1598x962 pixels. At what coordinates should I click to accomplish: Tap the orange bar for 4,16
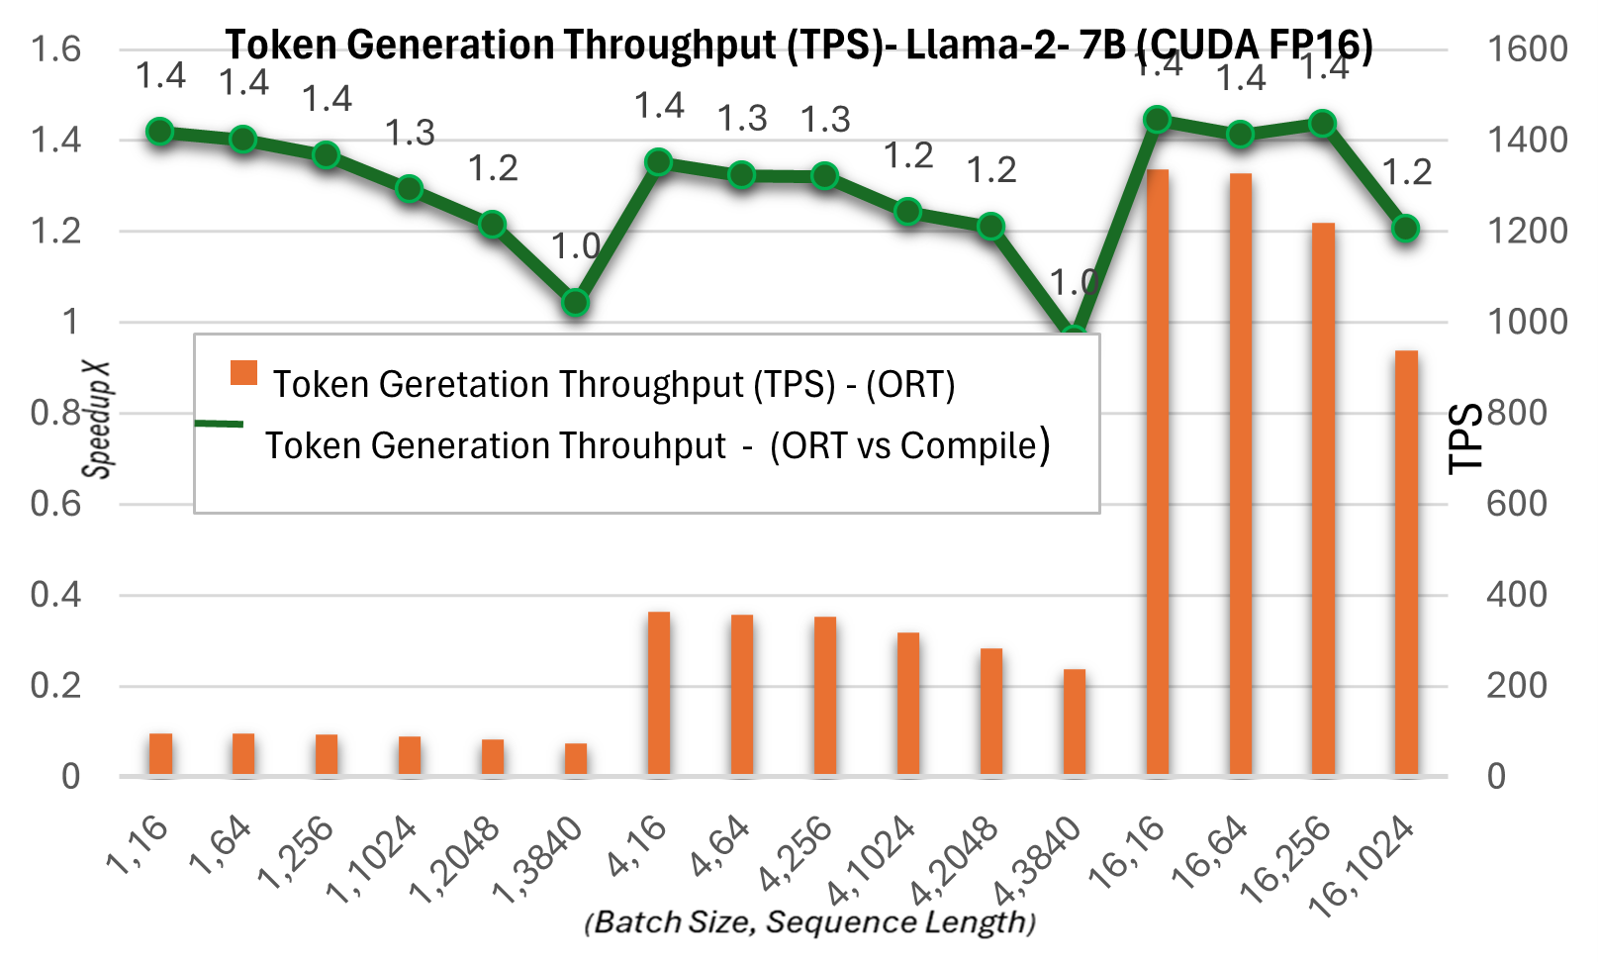coord(659,693)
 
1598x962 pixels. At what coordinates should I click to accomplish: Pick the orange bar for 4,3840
coord(1075,721)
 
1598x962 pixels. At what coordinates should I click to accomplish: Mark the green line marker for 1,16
coord(160,132)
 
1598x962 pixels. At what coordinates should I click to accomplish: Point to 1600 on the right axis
coord(1527,48)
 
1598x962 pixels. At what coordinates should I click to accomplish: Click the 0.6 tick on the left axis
coord(55,504)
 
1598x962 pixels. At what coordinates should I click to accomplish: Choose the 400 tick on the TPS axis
coord(1516,595)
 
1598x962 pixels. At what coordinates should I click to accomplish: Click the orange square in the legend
coord(243,373)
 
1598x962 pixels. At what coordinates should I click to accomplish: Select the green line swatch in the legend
coord(219,424)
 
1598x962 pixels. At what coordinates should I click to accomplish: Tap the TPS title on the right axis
coord(1465,437)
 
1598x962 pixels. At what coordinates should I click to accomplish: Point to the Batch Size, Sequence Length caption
coord(809,922)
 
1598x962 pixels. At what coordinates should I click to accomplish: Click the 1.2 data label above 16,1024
coord(1406,173)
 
